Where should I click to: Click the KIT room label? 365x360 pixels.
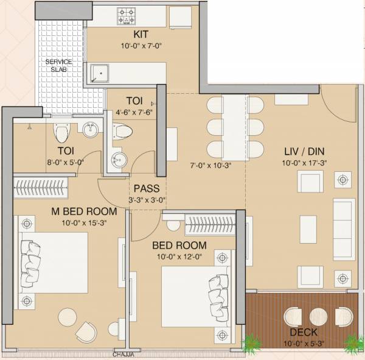143,35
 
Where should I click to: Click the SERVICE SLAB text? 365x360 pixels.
59,66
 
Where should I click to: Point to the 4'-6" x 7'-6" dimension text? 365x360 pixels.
134,112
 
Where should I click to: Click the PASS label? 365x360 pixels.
147,188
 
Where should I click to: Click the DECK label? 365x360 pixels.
303,333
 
